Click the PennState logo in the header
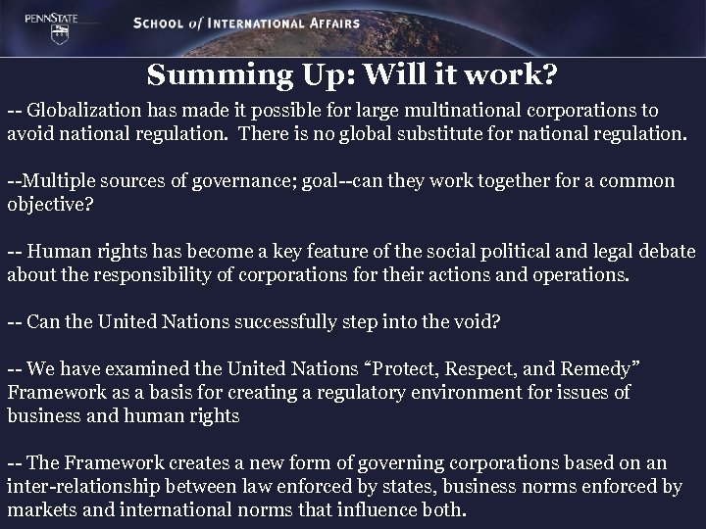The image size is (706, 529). (30, 24)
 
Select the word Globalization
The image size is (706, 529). (82, 111)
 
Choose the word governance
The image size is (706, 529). (220, 181)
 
